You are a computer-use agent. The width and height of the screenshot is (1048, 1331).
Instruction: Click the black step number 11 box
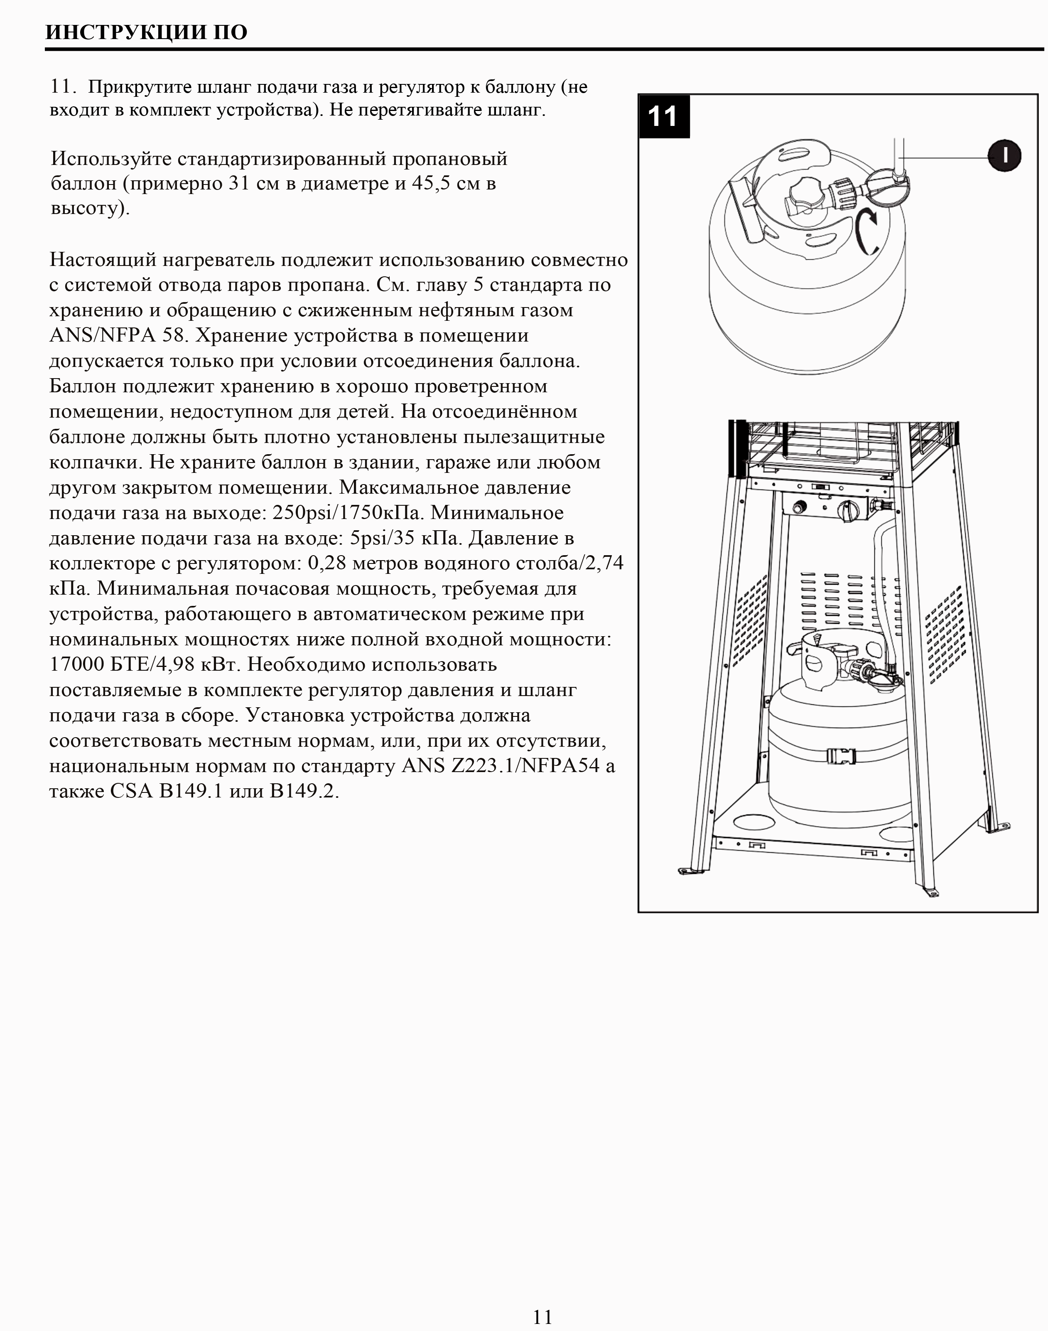click(663, 116)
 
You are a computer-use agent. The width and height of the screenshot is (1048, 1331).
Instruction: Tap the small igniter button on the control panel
click(800, 508)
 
